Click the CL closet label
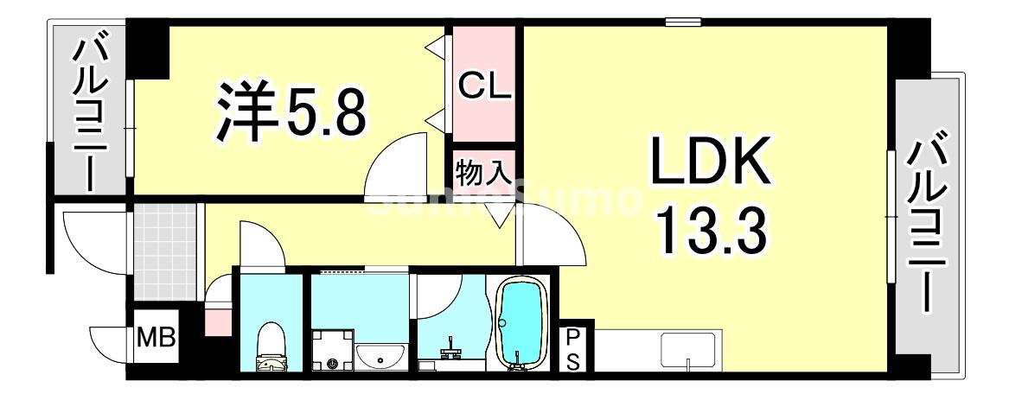point(484,86)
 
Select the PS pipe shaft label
point(573,349)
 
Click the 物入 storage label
point(483,175)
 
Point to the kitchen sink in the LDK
point(687,350)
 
